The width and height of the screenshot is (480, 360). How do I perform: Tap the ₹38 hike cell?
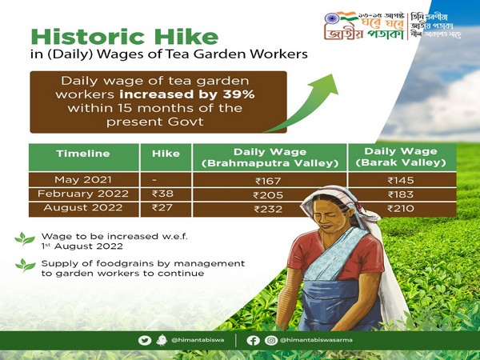(163, 194)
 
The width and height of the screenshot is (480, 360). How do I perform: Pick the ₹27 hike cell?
(163, 208)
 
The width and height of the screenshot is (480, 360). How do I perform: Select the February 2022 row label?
(83, 194)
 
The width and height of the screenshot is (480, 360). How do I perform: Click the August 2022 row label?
(83, 208)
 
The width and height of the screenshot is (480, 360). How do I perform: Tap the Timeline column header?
(83, 154)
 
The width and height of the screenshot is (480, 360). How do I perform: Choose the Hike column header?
(163, 154)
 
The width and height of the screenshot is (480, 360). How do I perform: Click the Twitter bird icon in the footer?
(145, 340)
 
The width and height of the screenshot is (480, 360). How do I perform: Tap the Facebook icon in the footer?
(253, 340)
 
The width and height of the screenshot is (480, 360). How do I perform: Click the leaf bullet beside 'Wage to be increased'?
(25, 238)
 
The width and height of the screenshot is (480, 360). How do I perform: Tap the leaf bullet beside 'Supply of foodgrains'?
(25, 265)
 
